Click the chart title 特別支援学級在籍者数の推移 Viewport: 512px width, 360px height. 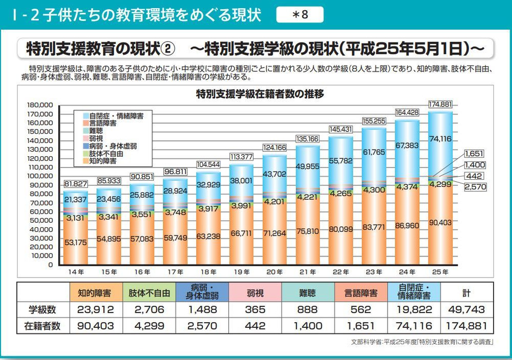tap(260, 94)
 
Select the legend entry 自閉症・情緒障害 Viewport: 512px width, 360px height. tap(113, 116)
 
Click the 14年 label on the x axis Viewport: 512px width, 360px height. tap(76, 272)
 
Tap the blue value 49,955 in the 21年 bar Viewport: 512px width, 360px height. tap(308, 166)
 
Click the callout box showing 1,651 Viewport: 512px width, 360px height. tap(474, 153)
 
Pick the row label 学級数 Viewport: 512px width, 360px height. tap(44, 310)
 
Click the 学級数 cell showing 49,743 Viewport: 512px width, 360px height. tap(465, 310)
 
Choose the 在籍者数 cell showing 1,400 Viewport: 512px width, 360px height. tap(308, 326)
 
